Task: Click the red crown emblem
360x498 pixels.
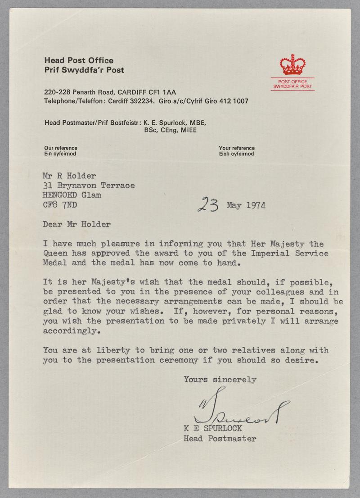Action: [292, 65]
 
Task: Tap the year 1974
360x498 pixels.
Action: [255, 206]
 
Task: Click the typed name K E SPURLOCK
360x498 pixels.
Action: [212, 428]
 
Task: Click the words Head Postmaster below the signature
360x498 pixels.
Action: [220, 438]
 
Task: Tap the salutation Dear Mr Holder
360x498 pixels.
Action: [76, 224]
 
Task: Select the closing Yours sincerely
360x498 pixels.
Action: [220, 380]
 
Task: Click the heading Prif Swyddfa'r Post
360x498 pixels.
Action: [84, 70]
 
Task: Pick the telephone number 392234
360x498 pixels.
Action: [143, 101]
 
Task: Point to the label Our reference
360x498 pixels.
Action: [61, 148]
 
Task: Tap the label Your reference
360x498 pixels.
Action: [237, 148]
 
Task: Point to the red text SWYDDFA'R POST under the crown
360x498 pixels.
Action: [292, 86]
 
